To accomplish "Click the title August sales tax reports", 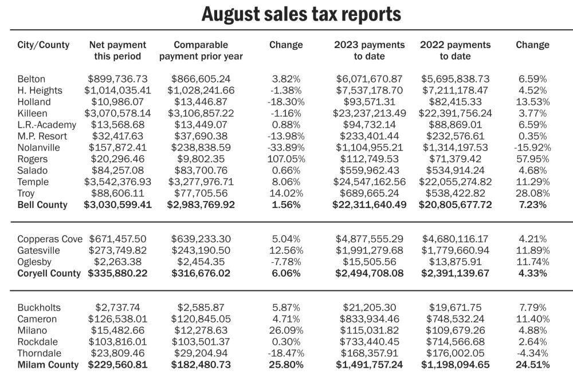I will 301,14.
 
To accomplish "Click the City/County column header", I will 44,45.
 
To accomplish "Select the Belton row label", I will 32,79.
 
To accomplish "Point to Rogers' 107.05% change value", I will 286,159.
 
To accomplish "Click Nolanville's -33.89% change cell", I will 286,148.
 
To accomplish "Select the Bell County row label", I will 42,205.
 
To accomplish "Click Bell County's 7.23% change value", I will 532,205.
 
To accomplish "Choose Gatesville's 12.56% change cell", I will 286,250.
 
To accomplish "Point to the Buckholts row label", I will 39,308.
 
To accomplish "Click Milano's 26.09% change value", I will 286,330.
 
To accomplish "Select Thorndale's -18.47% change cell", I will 286,353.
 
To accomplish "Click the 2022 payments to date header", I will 456,50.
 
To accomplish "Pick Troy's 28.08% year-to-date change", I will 532,194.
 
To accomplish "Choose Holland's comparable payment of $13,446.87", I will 201,102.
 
